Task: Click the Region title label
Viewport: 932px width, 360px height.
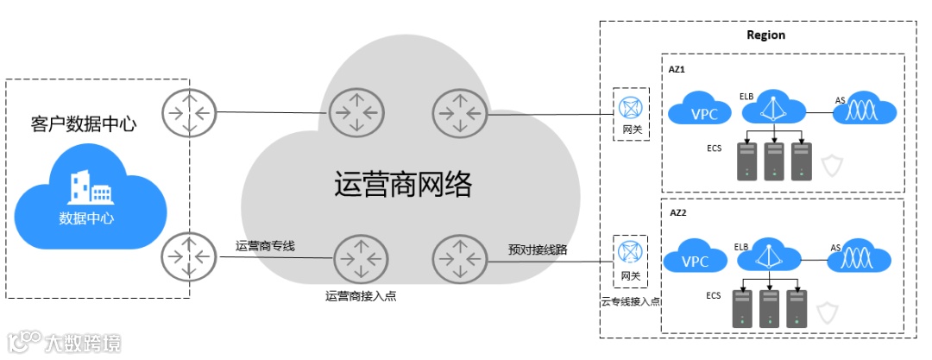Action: click(x=765, y=35)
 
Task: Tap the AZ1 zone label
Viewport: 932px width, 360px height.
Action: click(x=677, y=67)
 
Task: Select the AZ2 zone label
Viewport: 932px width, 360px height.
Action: click(x=677, y=211)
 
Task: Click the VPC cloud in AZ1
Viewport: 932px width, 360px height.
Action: click(x=697, y=111)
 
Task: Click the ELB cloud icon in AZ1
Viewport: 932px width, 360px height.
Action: click(x=774, y=108)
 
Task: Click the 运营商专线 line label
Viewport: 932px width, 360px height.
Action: click(x=265, y=246)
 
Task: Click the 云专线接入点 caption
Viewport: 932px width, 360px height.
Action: click(x=631, y=301)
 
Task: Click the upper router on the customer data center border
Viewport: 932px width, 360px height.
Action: click(x=188, y=112)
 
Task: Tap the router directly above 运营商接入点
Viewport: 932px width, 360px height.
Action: click(x=357, y=258)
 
